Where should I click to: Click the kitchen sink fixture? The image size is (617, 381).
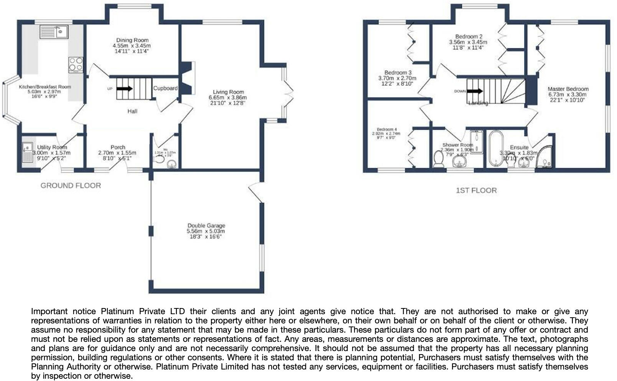(x=54, y=32)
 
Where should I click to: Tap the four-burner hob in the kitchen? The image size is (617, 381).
(x=76, y=65)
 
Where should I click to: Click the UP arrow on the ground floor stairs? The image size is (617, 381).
(x=124, y=89)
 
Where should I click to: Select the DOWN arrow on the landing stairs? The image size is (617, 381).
(x=475, y=91)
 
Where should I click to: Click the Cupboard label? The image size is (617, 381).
(x=165, y=88)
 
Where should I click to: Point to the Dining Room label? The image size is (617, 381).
(x=132, y=40)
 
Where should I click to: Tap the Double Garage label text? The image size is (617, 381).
(x=206, y=225)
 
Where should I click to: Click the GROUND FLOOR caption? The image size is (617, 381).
(x=71, y=186)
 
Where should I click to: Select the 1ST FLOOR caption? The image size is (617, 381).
(x=476, y=190)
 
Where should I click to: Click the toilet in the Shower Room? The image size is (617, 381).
(x=438, y=159)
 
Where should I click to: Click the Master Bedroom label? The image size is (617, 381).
(x=568, y=89)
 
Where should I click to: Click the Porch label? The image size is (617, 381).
(x=118, y=147)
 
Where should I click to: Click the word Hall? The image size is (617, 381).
(x=132, y=111)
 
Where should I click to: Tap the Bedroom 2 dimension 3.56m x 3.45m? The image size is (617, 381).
(x=468, y=42)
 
